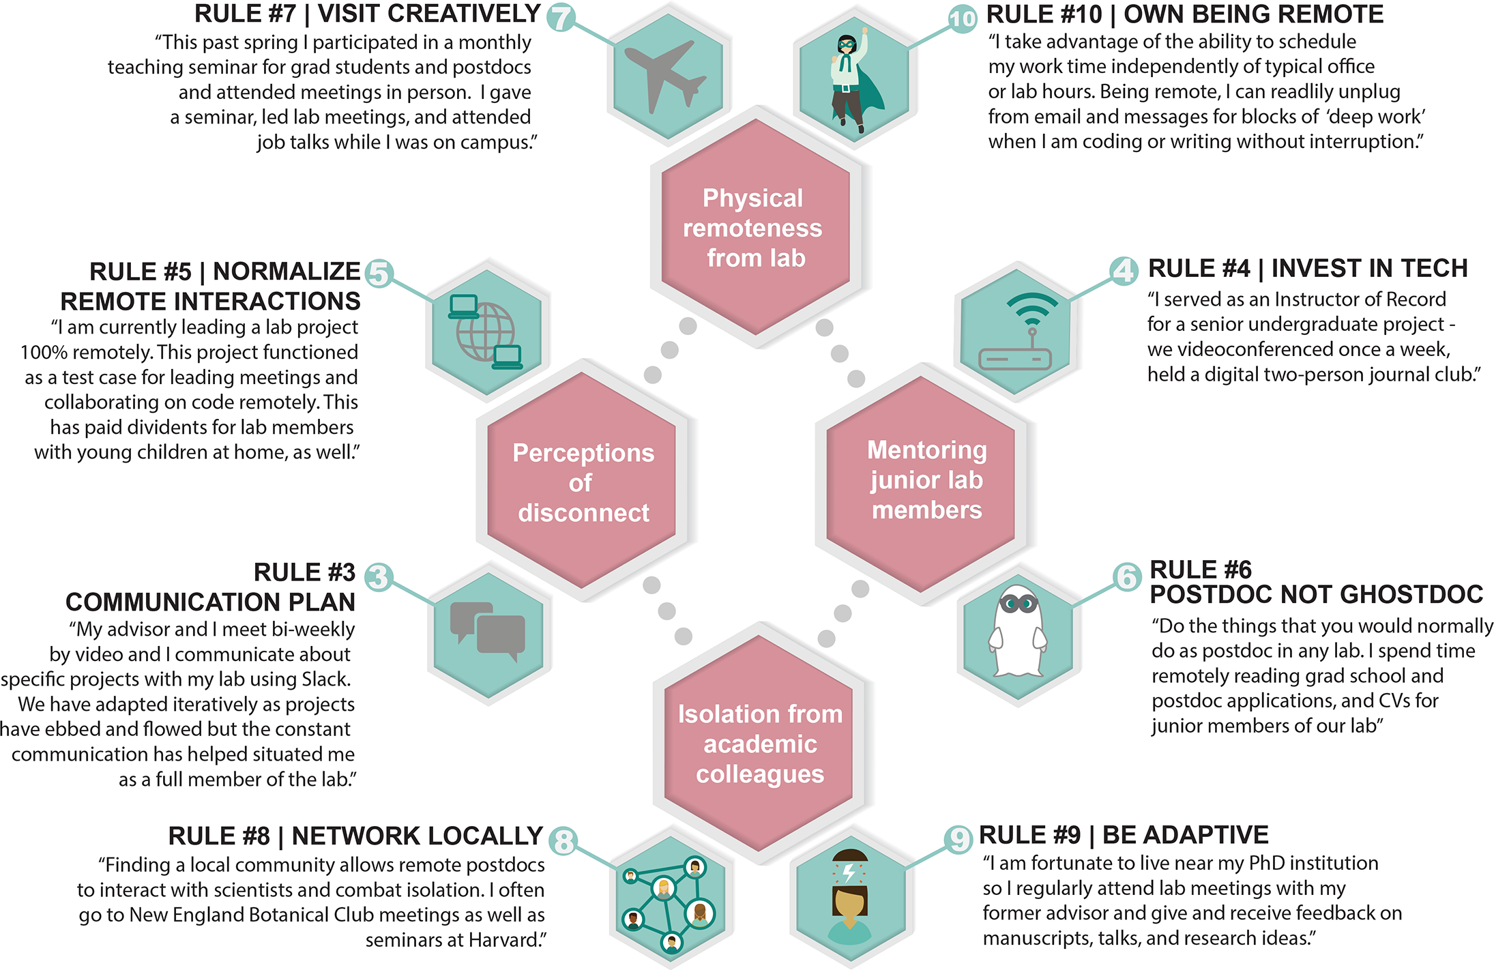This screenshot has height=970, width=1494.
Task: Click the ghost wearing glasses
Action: (1018, 632)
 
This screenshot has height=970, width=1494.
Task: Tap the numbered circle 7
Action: (561, 17)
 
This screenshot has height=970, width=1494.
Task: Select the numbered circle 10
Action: (962, 18)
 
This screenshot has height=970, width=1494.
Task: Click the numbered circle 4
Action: (1123, 271)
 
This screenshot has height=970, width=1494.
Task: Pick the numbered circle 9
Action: (958, 838)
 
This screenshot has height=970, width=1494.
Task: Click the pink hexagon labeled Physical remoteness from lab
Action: (755, 228)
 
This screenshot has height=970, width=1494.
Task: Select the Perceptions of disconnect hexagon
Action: (583, 482)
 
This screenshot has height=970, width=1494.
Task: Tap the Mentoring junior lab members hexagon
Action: (926, 480)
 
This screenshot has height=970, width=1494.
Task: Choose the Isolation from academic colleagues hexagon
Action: (759, 744)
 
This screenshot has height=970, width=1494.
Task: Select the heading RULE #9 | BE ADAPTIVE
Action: (1124, 835)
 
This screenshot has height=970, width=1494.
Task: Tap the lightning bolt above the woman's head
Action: (849, 872)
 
